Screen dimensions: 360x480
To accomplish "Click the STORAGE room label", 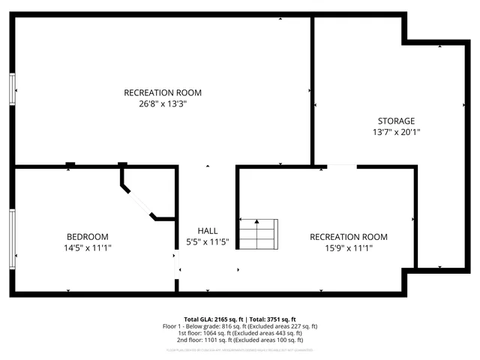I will point(396,121).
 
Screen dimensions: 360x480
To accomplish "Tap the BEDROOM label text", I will point(88,235).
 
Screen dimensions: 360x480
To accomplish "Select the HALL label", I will point(207,230).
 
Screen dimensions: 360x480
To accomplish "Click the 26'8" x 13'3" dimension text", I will point(163,104).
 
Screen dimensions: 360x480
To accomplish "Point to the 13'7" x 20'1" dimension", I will point(396,132).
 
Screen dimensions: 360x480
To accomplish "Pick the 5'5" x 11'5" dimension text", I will point(207,241).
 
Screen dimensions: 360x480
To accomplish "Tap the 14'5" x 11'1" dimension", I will point(88,247).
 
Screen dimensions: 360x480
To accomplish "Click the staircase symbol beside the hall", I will point(258,235).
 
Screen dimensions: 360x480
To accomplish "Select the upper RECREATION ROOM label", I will point(163,93).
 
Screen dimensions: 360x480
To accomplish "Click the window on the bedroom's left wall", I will point(12,238).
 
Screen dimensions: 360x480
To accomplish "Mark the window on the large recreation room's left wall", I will point(12,88).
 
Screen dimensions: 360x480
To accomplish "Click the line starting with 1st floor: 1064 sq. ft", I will point(240,334).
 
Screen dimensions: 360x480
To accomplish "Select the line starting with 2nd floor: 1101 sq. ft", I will point(240,341).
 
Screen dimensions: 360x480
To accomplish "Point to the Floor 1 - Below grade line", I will point(240,326).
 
